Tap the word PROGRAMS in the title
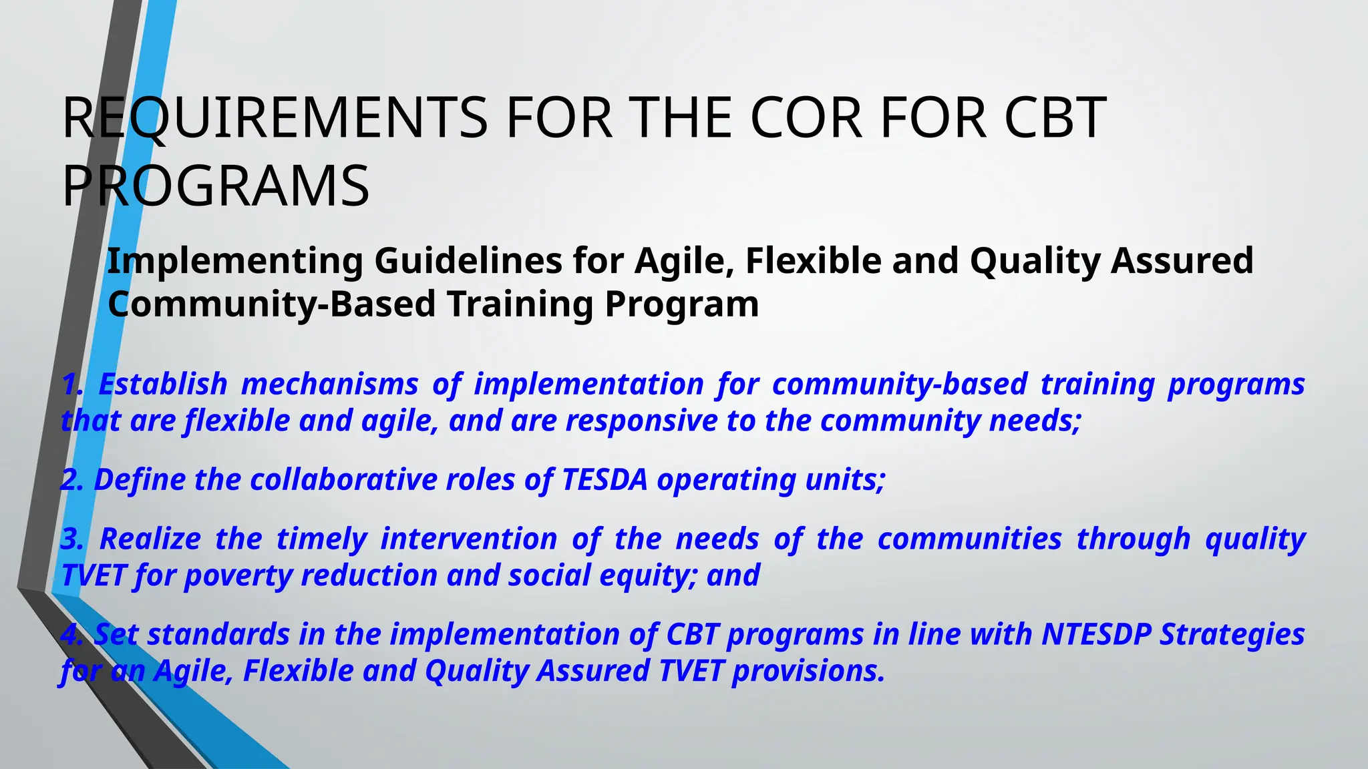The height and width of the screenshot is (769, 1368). [215, 186]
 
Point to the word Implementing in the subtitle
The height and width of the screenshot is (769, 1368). [234, 261]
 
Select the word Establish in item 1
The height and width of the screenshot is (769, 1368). [163, 385]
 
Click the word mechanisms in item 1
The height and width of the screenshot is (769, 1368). [329, 385]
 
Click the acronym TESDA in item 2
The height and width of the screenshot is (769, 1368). [605, 481]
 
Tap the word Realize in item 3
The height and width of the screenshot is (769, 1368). [150, 539]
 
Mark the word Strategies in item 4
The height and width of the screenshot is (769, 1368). [1232, 635]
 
